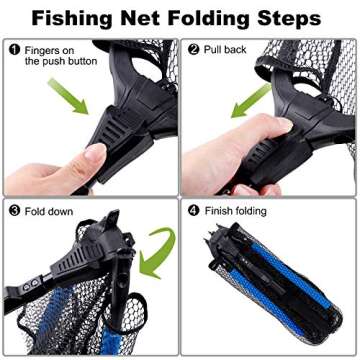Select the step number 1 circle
coord(14,48)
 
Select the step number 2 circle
coord(192,48)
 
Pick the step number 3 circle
coord(14,211)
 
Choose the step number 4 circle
coord(192,211)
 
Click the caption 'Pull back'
coord(225,48)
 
